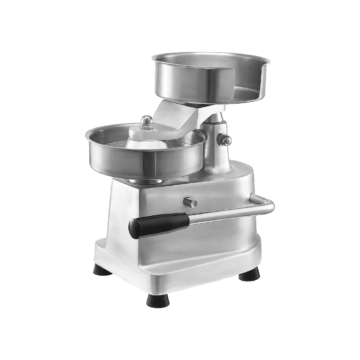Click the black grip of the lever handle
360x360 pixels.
point(158,225)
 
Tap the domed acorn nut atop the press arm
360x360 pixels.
point(147,121)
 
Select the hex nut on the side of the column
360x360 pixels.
point(224,140)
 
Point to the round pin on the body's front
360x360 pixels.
point(190,202)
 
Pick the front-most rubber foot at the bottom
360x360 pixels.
point(158,301)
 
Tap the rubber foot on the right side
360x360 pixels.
point(249,275)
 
